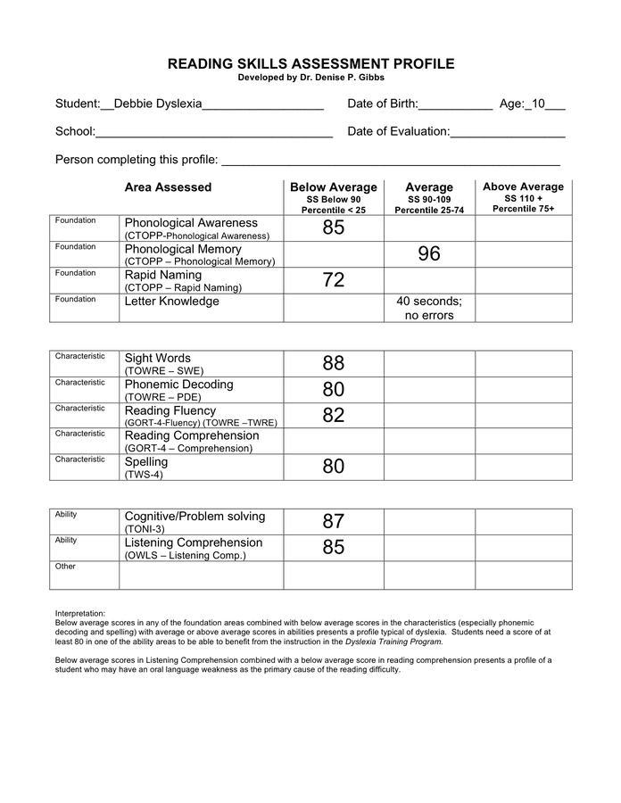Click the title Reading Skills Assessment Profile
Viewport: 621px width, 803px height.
(310, 64)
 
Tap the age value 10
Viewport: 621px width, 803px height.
(535, 104)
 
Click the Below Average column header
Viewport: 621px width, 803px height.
(334, 188)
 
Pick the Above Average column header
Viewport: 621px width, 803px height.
(523, 187)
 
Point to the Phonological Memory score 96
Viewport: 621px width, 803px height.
(429, 254)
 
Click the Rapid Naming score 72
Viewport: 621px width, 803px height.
(334, 281)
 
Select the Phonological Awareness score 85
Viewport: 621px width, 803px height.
(334, 228)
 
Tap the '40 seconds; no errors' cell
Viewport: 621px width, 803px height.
(429, 308)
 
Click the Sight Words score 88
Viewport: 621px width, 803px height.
(334, 364)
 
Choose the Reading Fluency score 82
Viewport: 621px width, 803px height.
(334, 416)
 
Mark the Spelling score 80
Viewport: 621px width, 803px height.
(334, 468)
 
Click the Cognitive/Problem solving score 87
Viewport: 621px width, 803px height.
(334, 522)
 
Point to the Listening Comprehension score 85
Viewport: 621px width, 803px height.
(334, 548)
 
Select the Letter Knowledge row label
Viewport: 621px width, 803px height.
(171, 302)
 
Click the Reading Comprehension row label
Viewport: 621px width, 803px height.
(192, 436)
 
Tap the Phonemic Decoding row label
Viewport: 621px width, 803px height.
(178, 385)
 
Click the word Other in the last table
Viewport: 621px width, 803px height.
(65, 567)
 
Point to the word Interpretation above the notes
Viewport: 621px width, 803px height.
(80, 614)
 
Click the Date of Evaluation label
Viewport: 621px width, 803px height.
(398, 132)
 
